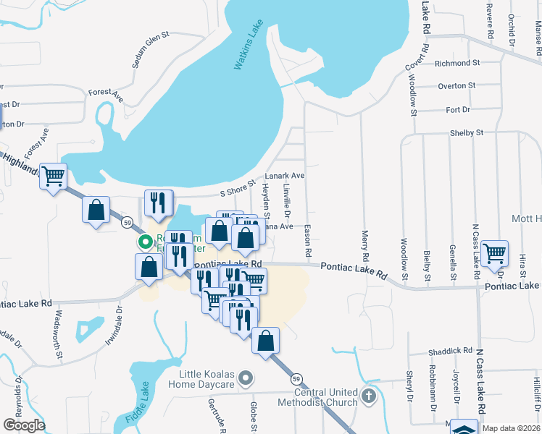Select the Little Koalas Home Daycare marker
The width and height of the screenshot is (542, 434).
coord(246,378)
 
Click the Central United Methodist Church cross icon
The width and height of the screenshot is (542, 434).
coord(369,396)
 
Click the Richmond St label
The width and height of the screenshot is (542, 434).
coord(457,63)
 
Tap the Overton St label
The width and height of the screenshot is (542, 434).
coord(456,85)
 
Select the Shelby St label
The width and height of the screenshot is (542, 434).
coord(467,133)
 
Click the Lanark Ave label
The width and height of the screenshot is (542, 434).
coord(284,176)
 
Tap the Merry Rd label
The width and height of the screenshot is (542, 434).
coord(365,246)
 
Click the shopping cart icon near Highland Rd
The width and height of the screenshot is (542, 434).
coord(54,176)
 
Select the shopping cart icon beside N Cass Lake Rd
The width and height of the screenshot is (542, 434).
coord(494,254)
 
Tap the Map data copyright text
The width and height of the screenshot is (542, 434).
coord(512,428)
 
